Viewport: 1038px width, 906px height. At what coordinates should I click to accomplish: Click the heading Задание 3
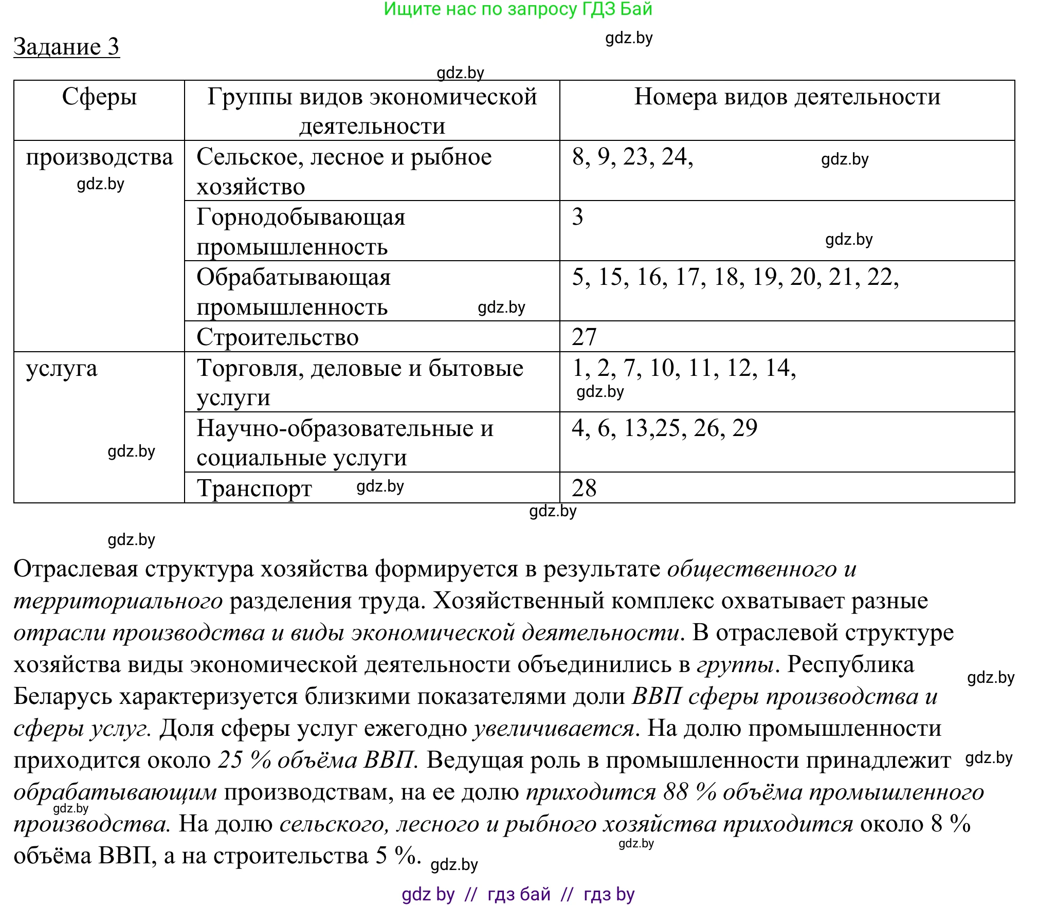(x=66, y=47)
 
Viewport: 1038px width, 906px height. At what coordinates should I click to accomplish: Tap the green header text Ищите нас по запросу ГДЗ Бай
(x=518, y=9)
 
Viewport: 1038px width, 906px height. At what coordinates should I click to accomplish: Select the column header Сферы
(x=99, y=97)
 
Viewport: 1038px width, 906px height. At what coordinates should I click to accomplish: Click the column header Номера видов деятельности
(x=787, y=97)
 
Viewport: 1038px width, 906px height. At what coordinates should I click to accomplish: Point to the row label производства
(x=99, y=157)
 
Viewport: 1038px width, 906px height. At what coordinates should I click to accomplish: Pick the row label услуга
(x=62, y=369)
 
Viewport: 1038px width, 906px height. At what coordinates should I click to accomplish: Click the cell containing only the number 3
(x=578, y=217)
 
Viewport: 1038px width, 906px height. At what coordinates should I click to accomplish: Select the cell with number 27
(x=584, y=337)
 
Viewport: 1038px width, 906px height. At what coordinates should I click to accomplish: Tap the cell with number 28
(x=584, y=488)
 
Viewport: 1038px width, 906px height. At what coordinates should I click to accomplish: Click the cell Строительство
(x=278, y=337)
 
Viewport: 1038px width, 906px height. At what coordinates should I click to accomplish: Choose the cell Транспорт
(x=254, y=488)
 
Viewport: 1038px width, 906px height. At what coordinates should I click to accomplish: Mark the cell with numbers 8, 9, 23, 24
(x=632, y=157)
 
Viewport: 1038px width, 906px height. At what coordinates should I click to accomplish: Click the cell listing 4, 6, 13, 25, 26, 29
(x=664, y=428)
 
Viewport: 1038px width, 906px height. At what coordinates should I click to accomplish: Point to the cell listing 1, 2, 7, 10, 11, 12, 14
(x=684, y=368)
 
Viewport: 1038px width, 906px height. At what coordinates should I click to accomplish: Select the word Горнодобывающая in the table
(x=301, y=217)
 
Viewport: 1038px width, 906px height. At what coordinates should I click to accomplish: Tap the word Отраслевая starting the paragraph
(x=76, y=569)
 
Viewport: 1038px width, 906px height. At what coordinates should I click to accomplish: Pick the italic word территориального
(x=118, y=601)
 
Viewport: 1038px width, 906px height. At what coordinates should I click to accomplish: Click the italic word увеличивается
(x=554, y=729)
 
